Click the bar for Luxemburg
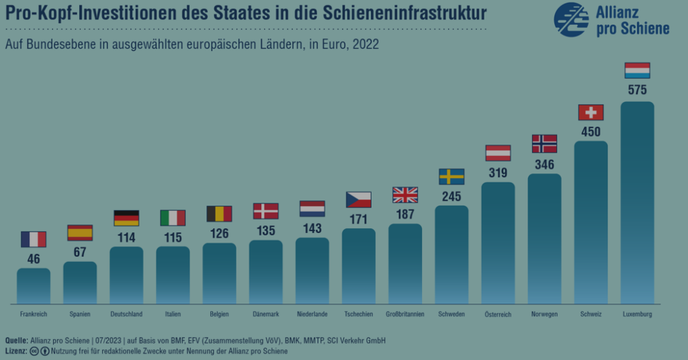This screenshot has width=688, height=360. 637,201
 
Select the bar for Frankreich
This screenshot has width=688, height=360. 34,285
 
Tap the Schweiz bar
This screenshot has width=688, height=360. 591,222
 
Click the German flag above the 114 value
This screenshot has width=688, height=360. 126,218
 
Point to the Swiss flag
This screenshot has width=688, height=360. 591,112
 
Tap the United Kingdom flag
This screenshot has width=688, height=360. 405,195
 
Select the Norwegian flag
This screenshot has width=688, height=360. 544,143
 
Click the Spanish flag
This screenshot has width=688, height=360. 80,233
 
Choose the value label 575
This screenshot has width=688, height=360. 637,90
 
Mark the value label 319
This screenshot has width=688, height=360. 498,173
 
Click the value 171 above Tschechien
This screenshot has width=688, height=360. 359,219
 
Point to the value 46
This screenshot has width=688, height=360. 34,259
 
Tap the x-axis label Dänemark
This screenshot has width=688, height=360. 266,314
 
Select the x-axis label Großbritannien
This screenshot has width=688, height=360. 405,314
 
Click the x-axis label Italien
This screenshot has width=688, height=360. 173,314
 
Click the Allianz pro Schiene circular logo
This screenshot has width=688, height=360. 571,19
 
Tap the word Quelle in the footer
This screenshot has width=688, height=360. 16,341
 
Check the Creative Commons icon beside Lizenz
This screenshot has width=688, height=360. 34,351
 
